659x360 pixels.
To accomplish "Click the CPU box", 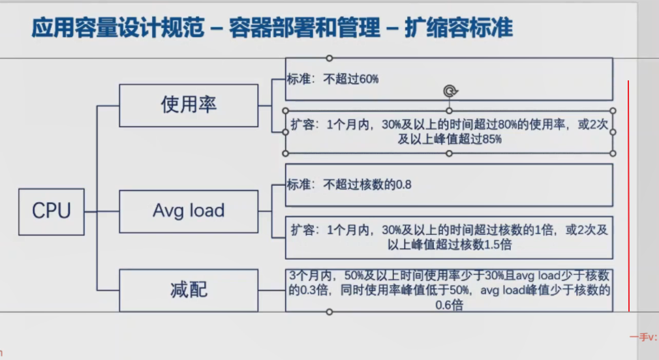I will point(51,211).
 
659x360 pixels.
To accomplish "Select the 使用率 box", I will point(189,104).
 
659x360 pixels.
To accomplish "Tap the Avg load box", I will point(189,210).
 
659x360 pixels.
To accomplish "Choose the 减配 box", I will point(189,290).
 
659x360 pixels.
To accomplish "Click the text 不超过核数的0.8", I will point(367,185).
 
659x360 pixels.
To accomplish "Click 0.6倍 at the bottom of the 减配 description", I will point(449,304).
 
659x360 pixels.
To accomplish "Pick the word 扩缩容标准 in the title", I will point(459,29).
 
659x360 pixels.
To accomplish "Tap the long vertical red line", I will point(628,196).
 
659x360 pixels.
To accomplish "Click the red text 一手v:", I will point(643,337).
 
